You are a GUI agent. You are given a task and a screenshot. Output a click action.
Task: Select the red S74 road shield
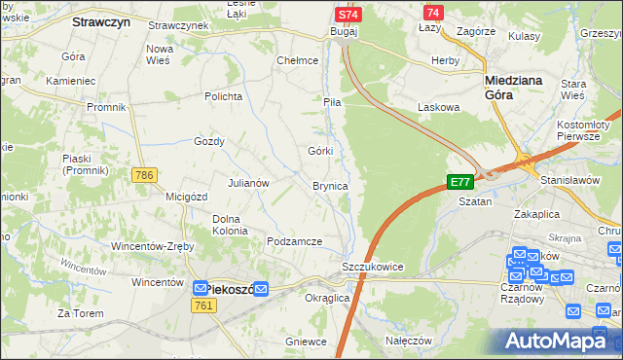[x=348, y=15]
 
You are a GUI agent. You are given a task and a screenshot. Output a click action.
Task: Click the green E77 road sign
[x=459, y=182]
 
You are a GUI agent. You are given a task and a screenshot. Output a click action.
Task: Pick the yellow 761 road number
[x=203, y=306]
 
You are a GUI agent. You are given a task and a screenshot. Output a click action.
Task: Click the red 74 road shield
[x=433, y=12]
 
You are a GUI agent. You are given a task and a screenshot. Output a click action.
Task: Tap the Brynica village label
[x=330, y=185]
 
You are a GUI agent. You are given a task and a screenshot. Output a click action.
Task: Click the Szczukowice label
[x=372, y=267]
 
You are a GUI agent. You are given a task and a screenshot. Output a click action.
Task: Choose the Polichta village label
[x=222, y=96]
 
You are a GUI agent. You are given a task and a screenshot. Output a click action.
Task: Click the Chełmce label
[x=298, y=60]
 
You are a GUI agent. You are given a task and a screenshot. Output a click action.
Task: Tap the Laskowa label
[x=436, y=106]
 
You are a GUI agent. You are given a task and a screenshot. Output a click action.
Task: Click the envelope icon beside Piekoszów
[x=200, y=289]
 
